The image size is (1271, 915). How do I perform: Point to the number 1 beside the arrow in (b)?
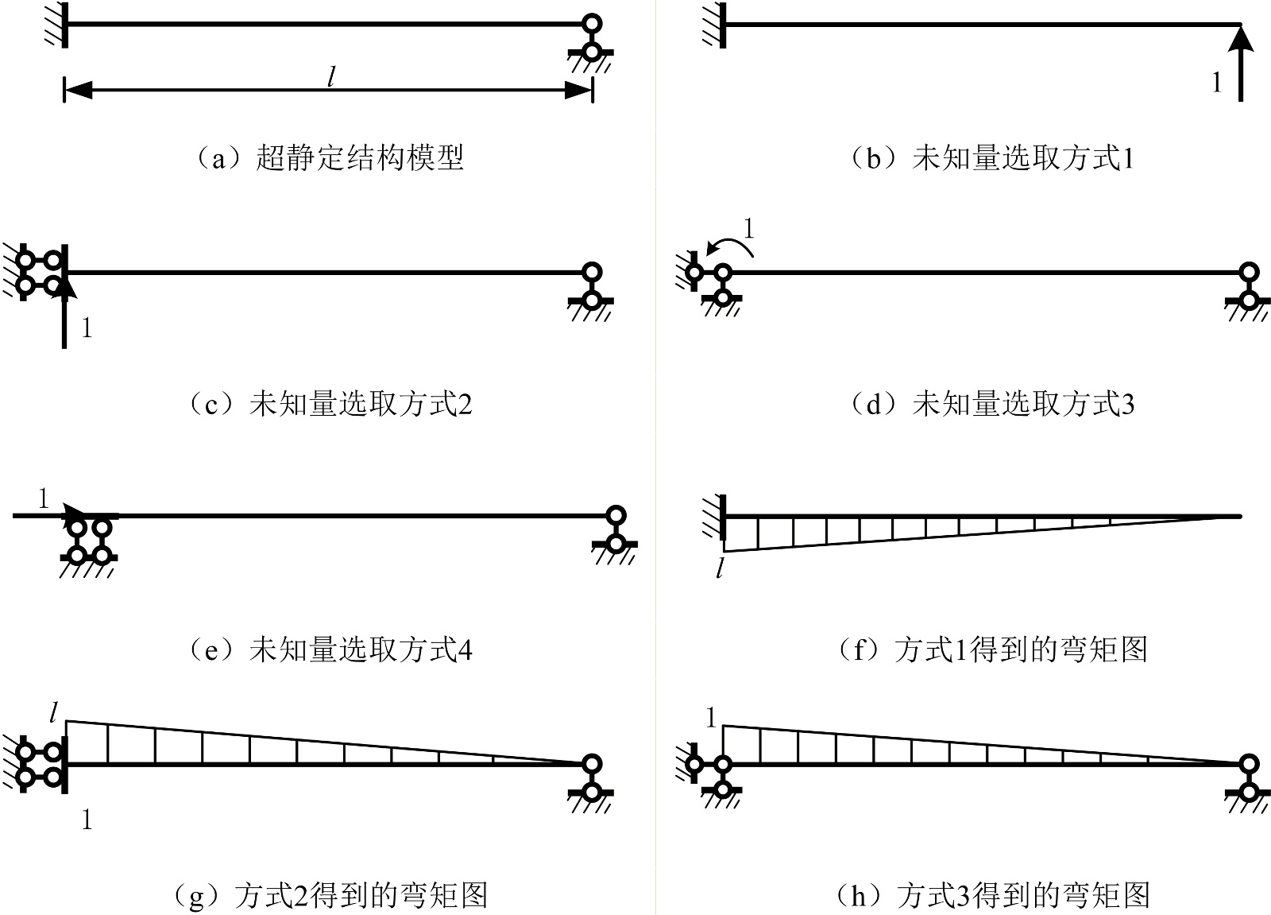1216,83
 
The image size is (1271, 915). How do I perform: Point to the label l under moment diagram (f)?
720,568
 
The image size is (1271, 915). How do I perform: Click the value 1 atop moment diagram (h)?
710,719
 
